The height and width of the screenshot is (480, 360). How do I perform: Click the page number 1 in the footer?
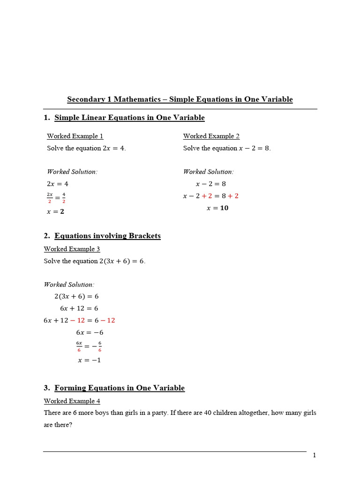[315, 456]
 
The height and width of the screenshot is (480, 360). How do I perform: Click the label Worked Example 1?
[75, 136]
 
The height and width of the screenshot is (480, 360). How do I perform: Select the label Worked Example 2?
[211, 136]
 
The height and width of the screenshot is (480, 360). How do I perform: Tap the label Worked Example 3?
[72, 249]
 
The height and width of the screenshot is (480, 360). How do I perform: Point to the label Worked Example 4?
[72, 401]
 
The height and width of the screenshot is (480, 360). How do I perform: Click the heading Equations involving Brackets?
[107, 236]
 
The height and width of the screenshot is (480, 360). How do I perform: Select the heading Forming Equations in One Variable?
[120, 388]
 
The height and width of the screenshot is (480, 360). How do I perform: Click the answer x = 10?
[217, 208]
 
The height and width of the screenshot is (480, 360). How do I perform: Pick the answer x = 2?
[56, 211]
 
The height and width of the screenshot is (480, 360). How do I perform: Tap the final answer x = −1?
[89, 360]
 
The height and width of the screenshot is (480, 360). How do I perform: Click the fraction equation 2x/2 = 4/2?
[56, 197]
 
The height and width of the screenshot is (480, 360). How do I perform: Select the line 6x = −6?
[90, 332]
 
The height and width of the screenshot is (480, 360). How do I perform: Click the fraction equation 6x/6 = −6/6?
[89, 346]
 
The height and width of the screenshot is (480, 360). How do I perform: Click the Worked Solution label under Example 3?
[69, 285]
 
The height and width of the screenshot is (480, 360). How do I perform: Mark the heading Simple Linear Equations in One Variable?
[129, 118]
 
